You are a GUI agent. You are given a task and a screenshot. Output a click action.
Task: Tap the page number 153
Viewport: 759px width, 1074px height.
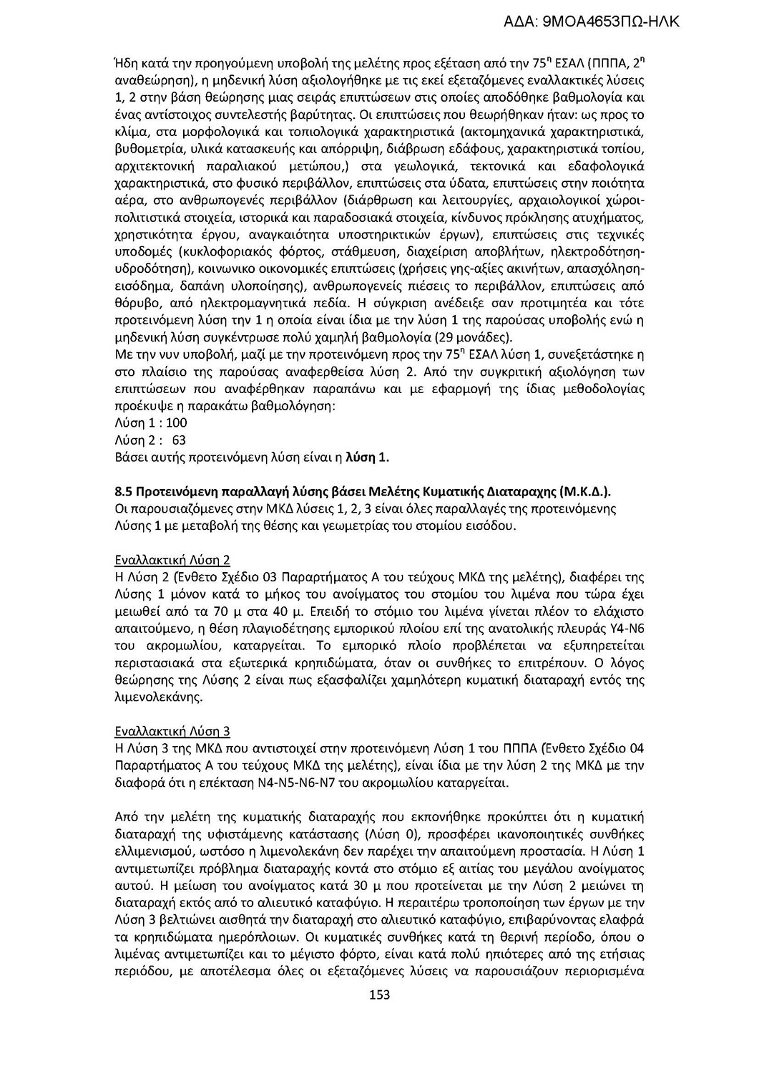pyautogui.click(x=379, y=995)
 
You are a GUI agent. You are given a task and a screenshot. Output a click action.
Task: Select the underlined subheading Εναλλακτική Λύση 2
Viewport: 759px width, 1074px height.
pyautogui.click(x=172, y=560)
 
